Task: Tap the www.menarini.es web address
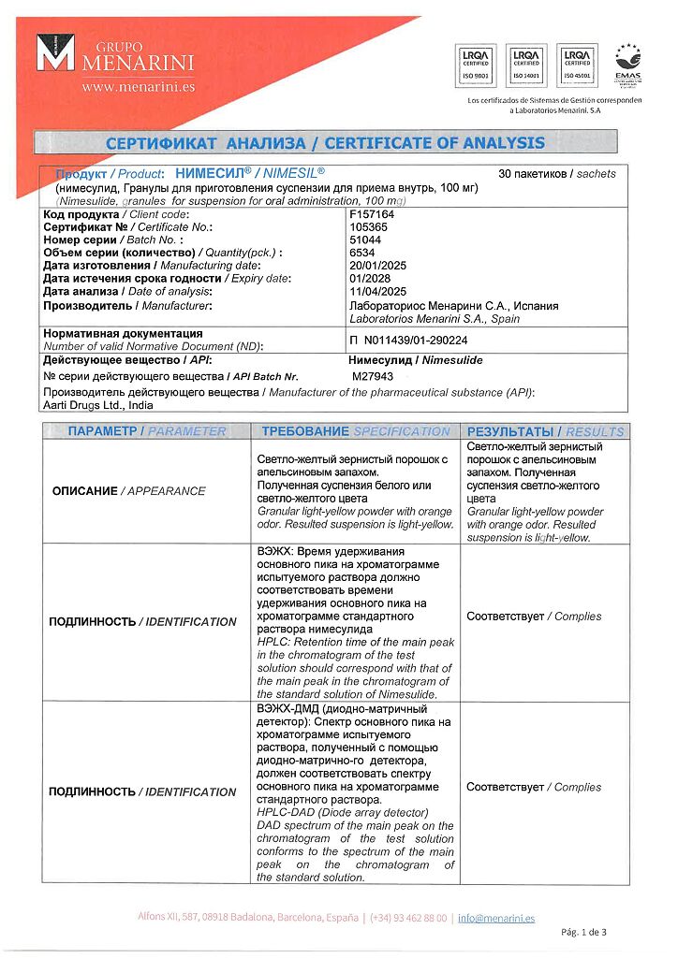[x=138, y=86]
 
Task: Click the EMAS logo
[x=627, y=64]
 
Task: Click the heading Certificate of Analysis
[x=325, y=143]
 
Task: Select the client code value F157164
[x=371, y=214]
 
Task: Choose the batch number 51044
[x=364, y=239]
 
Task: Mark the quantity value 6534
[x=361, y=253]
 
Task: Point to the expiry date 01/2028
[x=368, y=279]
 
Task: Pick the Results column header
[x=545, y=431]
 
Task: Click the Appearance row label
[x=128, y=490]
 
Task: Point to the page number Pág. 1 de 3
[x=582, y=932]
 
